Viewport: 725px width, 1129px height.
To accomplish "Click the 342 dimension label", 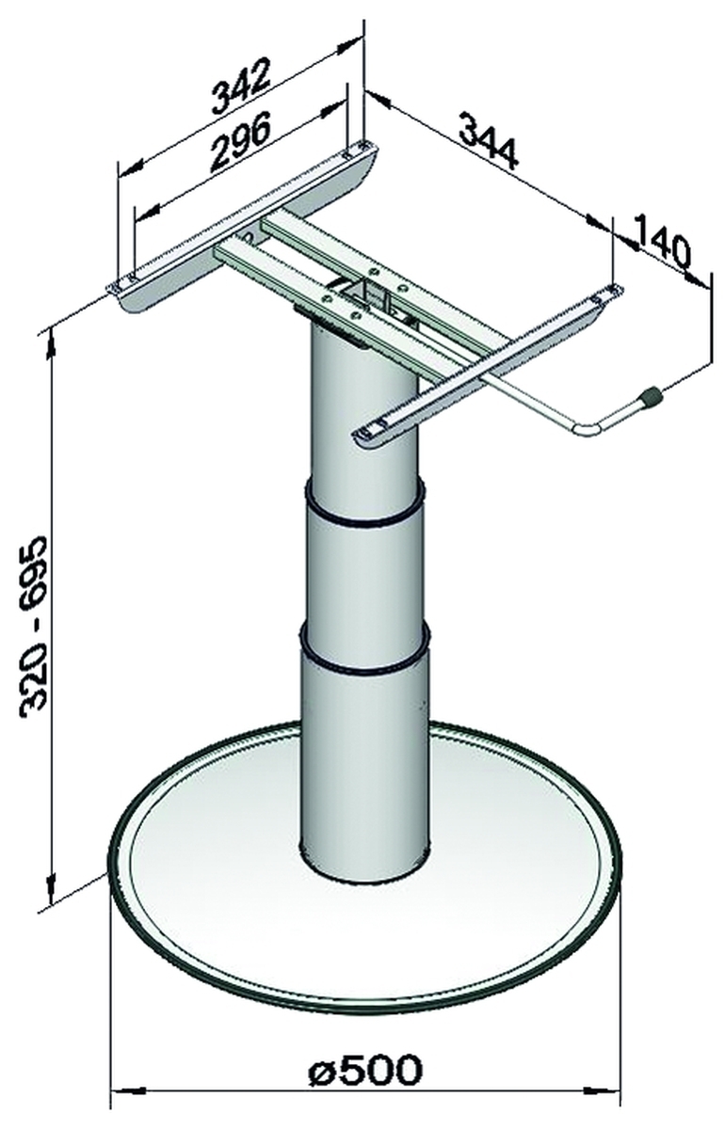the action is coord(240,87).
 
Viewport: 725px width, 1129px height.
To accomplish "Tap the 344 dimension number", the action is coord(489,142).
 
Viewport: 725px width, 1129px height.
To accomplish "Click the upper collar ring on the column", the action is coord(363,504).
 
